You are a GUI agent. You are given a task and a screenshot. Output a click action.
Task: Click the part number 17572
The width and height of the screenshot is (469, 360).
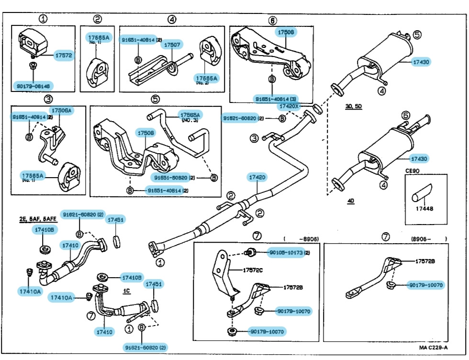(63, 55)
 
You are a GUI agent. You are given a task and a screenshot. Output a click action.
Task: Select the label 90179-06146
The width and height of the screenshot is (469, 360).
(32, 86)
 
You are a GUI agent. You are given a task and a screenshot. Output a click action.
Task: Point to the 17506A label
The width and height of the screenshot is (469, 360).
(61, 111)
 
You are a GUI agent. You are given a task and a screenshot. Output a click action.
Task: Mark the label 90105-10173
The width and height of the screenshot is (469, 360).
(286, 252)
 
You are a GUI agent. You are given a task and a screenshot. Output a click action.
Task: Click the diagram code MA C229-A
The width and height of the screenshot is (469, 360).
(434, 347)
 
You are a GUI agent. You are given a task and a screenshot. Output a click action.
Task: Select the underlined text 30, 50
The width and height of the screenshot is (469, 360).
(354, 106)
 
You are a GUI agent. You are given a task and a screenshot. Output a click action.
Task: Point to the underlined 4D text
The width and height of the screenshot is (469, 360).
(351, 202)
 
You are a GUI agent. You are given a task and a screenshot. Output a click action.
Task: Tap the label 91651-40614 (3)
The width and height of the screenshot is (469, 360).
(272, 99)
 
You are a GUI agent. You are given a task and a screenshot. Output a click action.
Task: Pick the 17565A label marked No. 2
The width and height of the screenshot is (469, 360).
(206, 79)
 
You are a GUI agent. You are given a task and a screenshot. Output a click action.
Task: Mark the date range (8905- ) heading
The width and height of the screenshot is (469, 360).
(428, 238)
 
